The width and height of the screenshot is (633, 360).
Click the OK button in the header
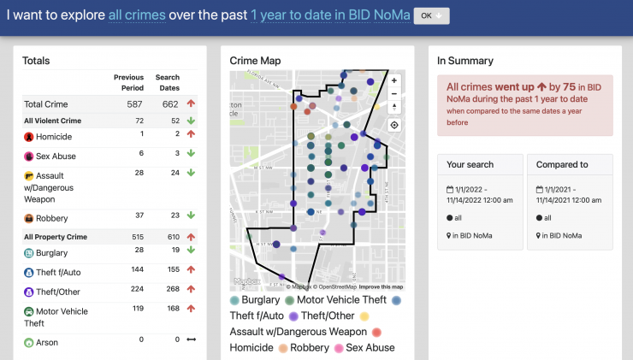(431, 16)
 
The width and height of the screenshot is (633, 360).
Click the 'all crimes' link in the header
(137, 16)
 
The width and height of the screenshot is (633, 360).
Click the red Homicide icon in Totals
(29, 137)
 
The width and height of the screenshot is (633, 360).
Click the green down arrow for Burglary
(191, 251)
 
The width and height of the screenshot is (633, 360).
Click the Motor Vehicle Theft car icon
(29, 312)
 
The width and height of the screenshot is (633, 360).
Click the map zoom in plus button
(393, 80)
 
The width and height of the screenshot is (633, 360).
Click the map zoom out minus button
(393, 93)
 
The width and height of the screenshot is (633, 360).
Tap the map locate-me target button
(393, 125)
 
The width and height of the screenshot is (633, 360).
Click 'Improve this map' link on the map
(381, 286)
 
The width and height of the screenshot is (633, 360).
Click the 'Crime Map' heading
(255, 61)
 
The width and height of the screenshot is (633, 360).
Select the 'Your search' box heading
(470, 164)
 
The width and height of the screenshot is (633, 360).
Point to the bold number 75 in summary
(569, 87)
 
